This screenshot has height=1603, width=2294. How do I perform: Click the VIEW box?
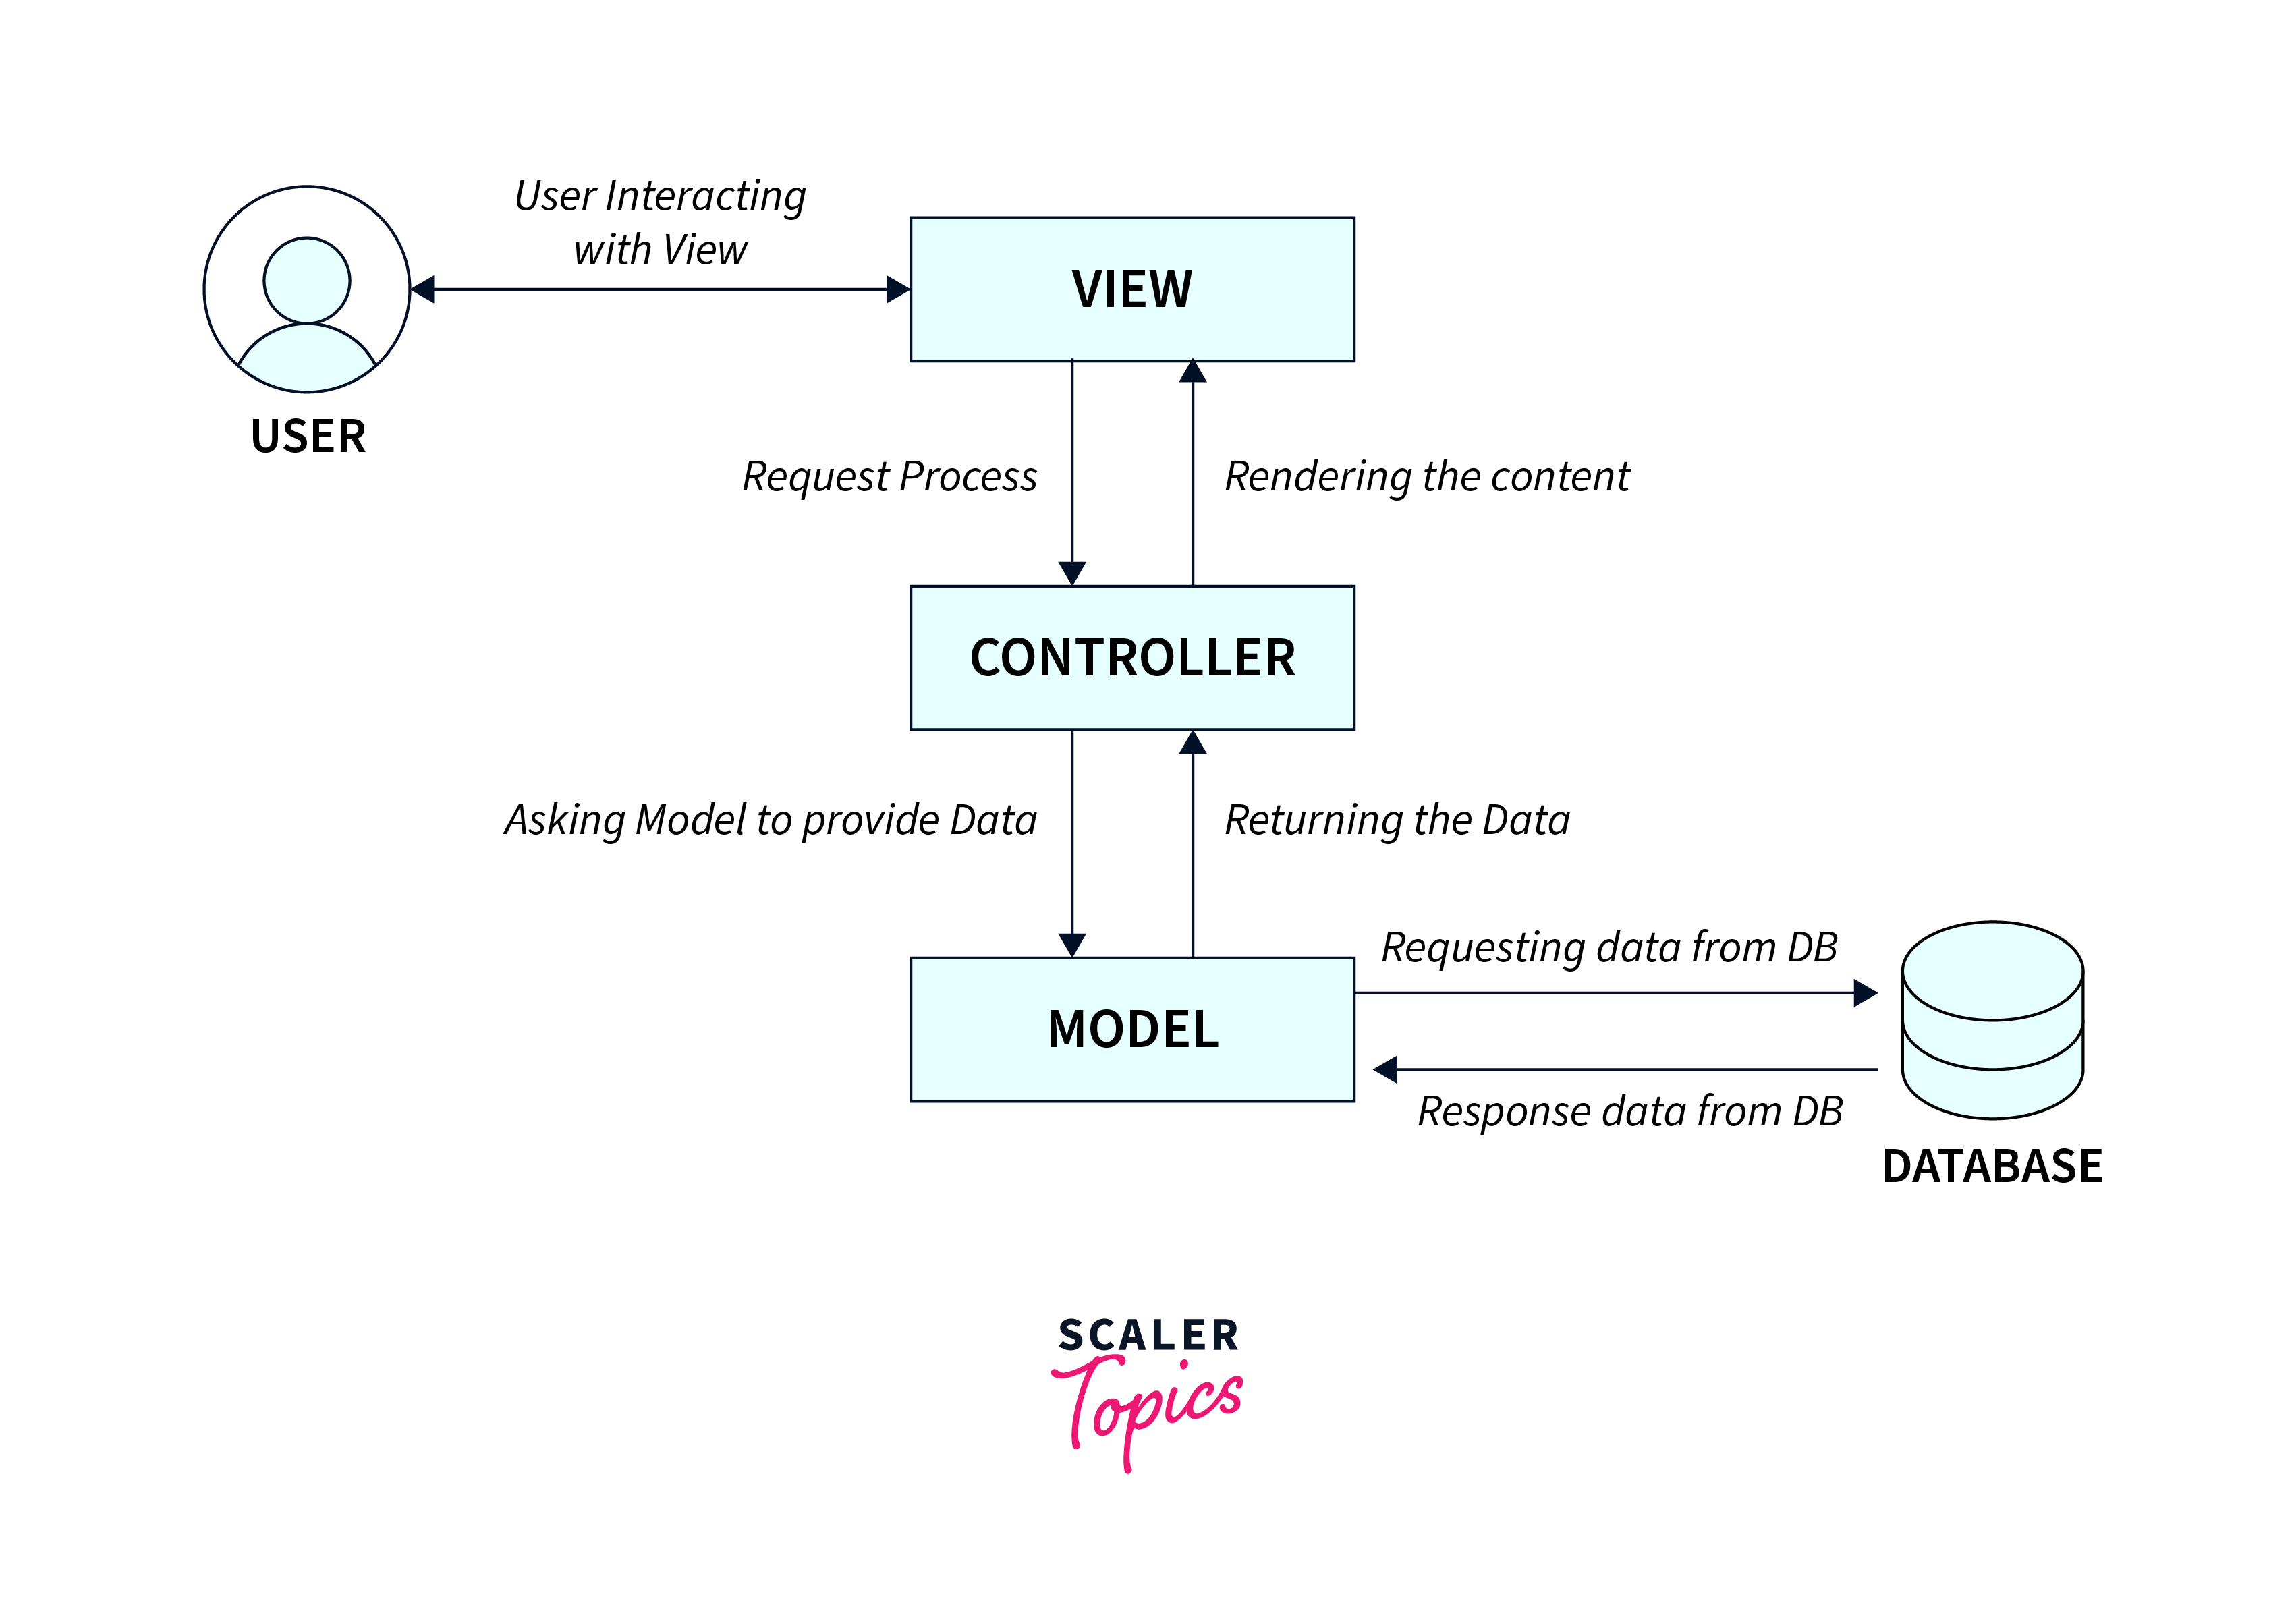[x=1132, y=289]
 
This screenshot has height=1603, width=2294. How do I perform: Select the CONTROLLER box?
[x=1132, y=658]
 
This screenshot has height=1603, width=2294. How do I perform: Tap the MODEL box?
[x=1132, y=1030]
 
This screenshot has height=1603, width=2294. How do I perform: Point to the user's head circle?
[x=307, y=280]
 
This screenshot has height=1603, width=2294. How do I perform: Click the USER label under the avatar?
[x=308, y=437]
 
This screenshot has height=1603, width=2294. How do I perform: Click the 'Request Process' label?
[x=889, y=477]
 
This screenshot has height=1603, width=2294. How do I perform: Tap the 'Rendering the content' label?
[x=1427, y=477]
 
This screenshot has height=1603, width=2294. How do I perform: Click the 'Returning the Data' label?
[x=1397, y=820]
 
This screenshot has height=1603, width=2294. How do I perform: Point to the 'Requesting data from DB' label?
[x=1608, y=947]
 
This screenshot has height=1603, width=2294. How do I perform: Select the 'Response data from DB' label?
[x=1629, y=1111]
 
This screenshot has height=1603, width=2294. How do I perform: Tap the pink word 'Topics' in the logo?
[x=1149, y=1404]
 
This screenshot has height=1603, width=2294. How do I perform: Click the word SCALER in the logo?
[x=1149, y=1335]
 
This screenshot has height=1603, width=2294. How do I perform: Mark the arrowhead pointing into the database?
[x=1864, y=992]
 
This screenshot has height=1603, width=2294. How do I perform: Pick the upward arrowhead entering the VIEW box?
[x=1193, y=372]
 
